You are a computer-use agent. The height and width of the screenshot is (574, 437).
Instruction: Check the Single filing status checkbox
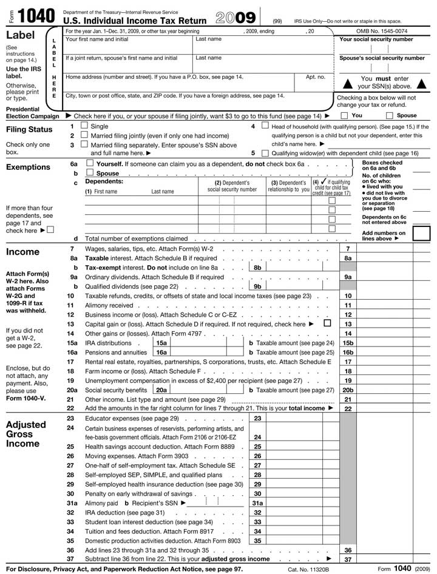84,126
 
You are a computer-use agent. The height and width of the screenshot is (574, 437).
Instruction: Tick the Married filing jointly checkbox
84,136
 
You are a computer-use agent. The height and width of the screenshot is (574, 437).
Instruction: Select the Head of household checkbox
265,126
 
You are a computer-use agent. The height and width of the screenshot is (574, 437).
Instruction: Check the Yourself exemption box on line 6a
90,164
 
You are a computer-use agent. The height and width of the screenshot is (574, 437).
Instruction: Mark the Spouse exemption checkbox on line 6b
90,174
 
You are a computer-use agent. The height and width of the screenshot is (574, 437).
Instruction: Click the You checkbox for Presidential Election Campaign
344,115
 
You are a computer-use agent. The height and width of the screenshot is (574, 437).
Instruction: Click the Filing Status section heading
29,129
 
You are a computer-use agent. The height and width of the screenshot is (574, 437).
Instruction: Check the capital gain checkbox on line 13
328,323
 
